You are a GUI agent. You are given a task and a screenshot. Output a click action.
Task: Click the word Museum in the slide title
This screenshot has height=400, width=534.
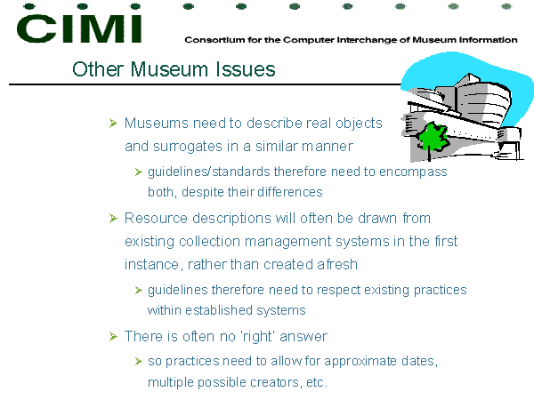(x=169, y=69)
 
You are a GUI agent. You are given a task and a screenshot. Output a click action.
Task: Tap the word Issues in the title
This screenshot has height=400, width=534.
(x=246, y=69)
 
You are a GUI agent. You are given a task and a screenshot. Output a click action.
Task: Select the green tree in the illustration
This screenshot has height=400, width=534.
(x=432, y=138)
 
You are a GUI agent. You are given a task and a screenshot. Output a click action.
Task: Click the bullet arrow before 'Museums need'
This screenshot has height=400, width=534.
(x=113, y=124)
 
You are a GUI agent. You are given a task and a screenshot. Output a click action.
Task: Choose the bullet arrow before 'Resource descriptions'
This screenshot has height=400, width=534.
(x=113, y=218)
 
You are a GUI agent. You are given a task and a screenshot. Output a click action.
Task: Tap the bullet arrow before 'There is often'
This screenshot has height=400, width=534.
(x=113, y=336)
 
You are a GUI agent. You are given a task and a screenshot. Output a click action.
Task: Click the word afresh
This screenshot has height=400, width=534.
(x=337, y=264)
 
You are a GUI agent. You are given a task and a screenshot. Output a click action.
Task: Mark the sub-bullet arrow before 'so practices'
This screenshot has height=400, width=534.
(x=138, y=361)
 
